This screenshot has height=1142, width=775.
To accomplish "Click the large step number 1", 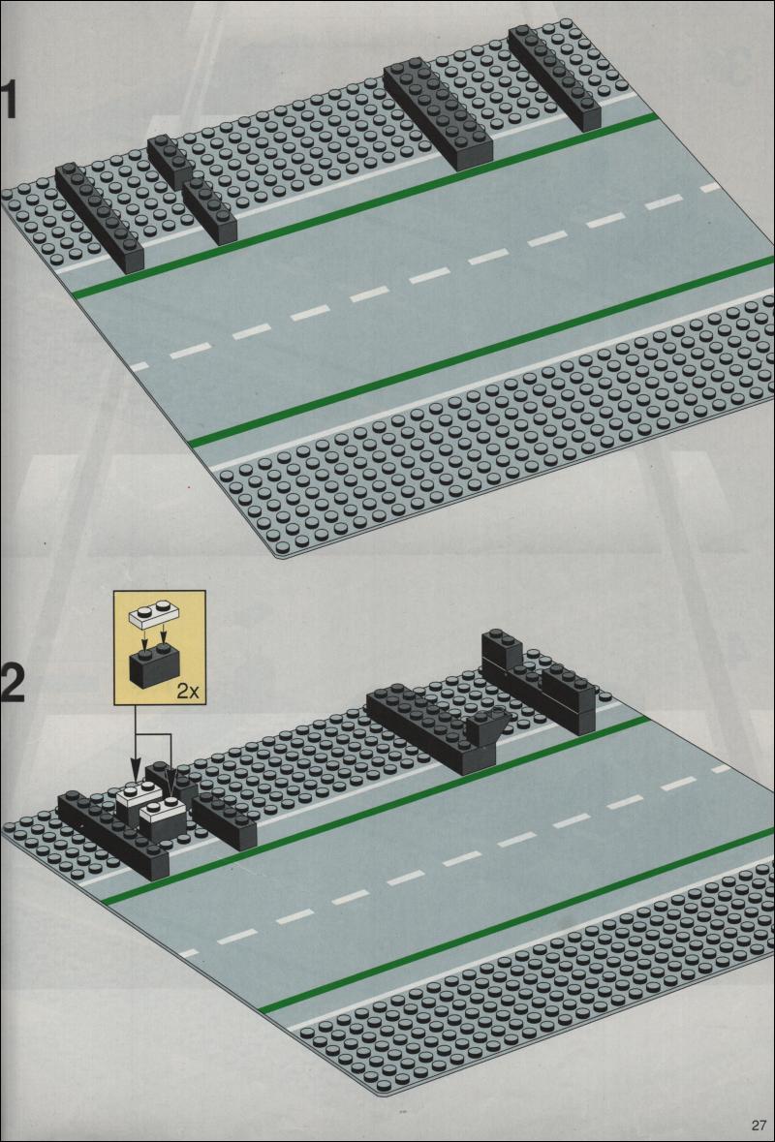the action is click(x=8, y=100).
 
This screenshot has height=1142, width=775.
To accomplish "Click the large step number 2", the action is click(x=14, y=680).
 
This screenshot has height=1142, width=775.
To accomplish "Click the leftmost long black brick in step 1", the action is click(x=100, y=217).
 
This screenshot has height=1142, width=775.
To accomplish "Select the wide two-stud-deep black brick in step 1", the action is click(x=439, y=115).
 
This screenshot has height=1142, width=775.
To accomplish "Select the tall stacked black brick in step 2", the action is click(x=540, y=683).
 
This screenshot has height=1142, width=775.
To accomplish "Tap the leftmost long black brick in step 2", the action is click(x=113, y=835).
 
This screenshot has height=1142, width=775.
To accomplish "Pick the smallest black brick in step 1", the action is click(x=170, y=161).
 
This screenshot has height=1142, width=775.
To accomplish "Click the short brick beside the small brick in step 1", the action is click(x=210, y=210).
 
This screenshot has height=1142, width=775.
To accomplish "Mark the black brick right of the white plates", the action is click(x=225, y=820).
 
